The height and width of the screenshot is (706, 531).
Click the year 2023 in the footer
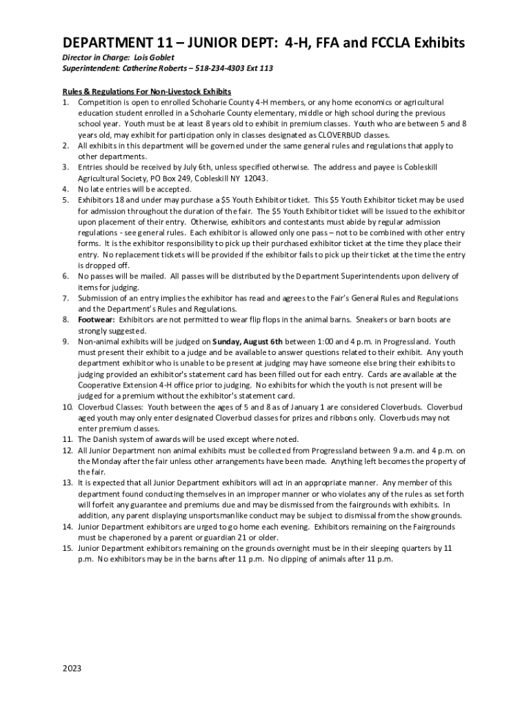(x=72, y=669)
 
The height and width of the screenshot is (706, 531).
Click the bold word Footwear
(x=97, y=319)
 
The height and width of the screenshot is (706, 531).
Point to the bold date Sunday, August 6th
(x=248, y=341)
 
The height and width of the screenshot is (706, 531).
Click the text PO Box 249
(x=152, y=178)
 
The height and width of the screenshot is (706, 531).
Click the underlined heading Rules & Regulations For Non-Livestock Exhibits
(x=147, y=91)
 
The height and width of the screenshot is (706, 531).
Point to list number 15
(x=68, y=547)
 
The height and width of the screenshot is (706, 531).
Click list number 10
(x=68, y=407)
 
